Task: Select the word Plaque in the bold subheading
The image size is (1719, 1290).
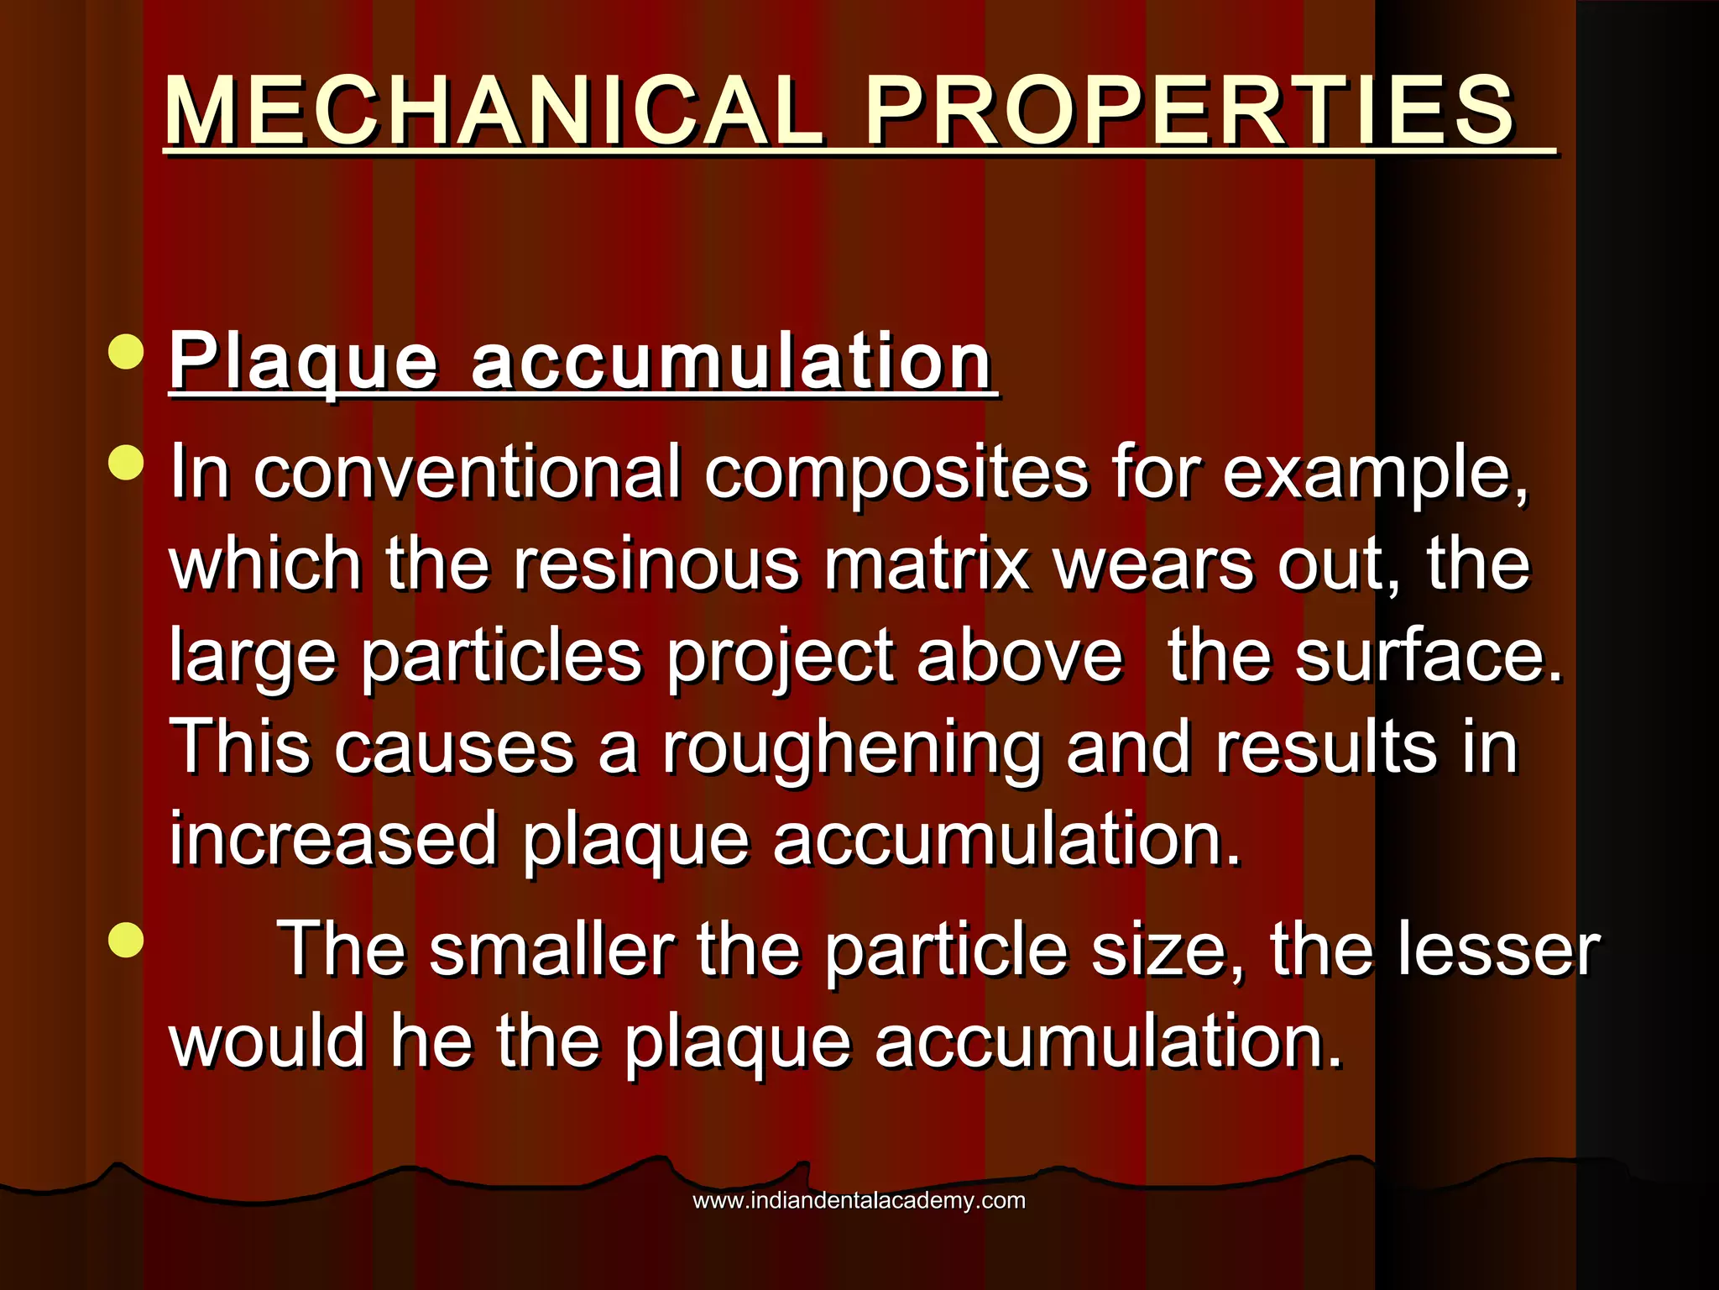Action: [304, 362]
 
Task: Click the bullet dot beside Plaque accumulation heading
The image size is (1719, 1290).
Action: [126, 352]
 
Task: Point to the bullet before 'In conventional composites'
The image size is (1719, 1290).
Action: [126, 463]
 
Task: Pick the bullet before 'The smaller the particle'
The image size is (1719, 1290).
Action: [126, 940]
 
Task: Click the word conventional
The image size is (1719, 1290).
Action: [467, 473]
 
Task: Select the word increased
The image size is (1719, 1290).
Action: [334, 840]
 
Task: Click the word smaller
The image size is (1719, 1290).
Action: [552, 950]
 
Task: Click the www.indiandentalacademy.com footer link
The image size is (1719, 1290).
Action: [859, 1200]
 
